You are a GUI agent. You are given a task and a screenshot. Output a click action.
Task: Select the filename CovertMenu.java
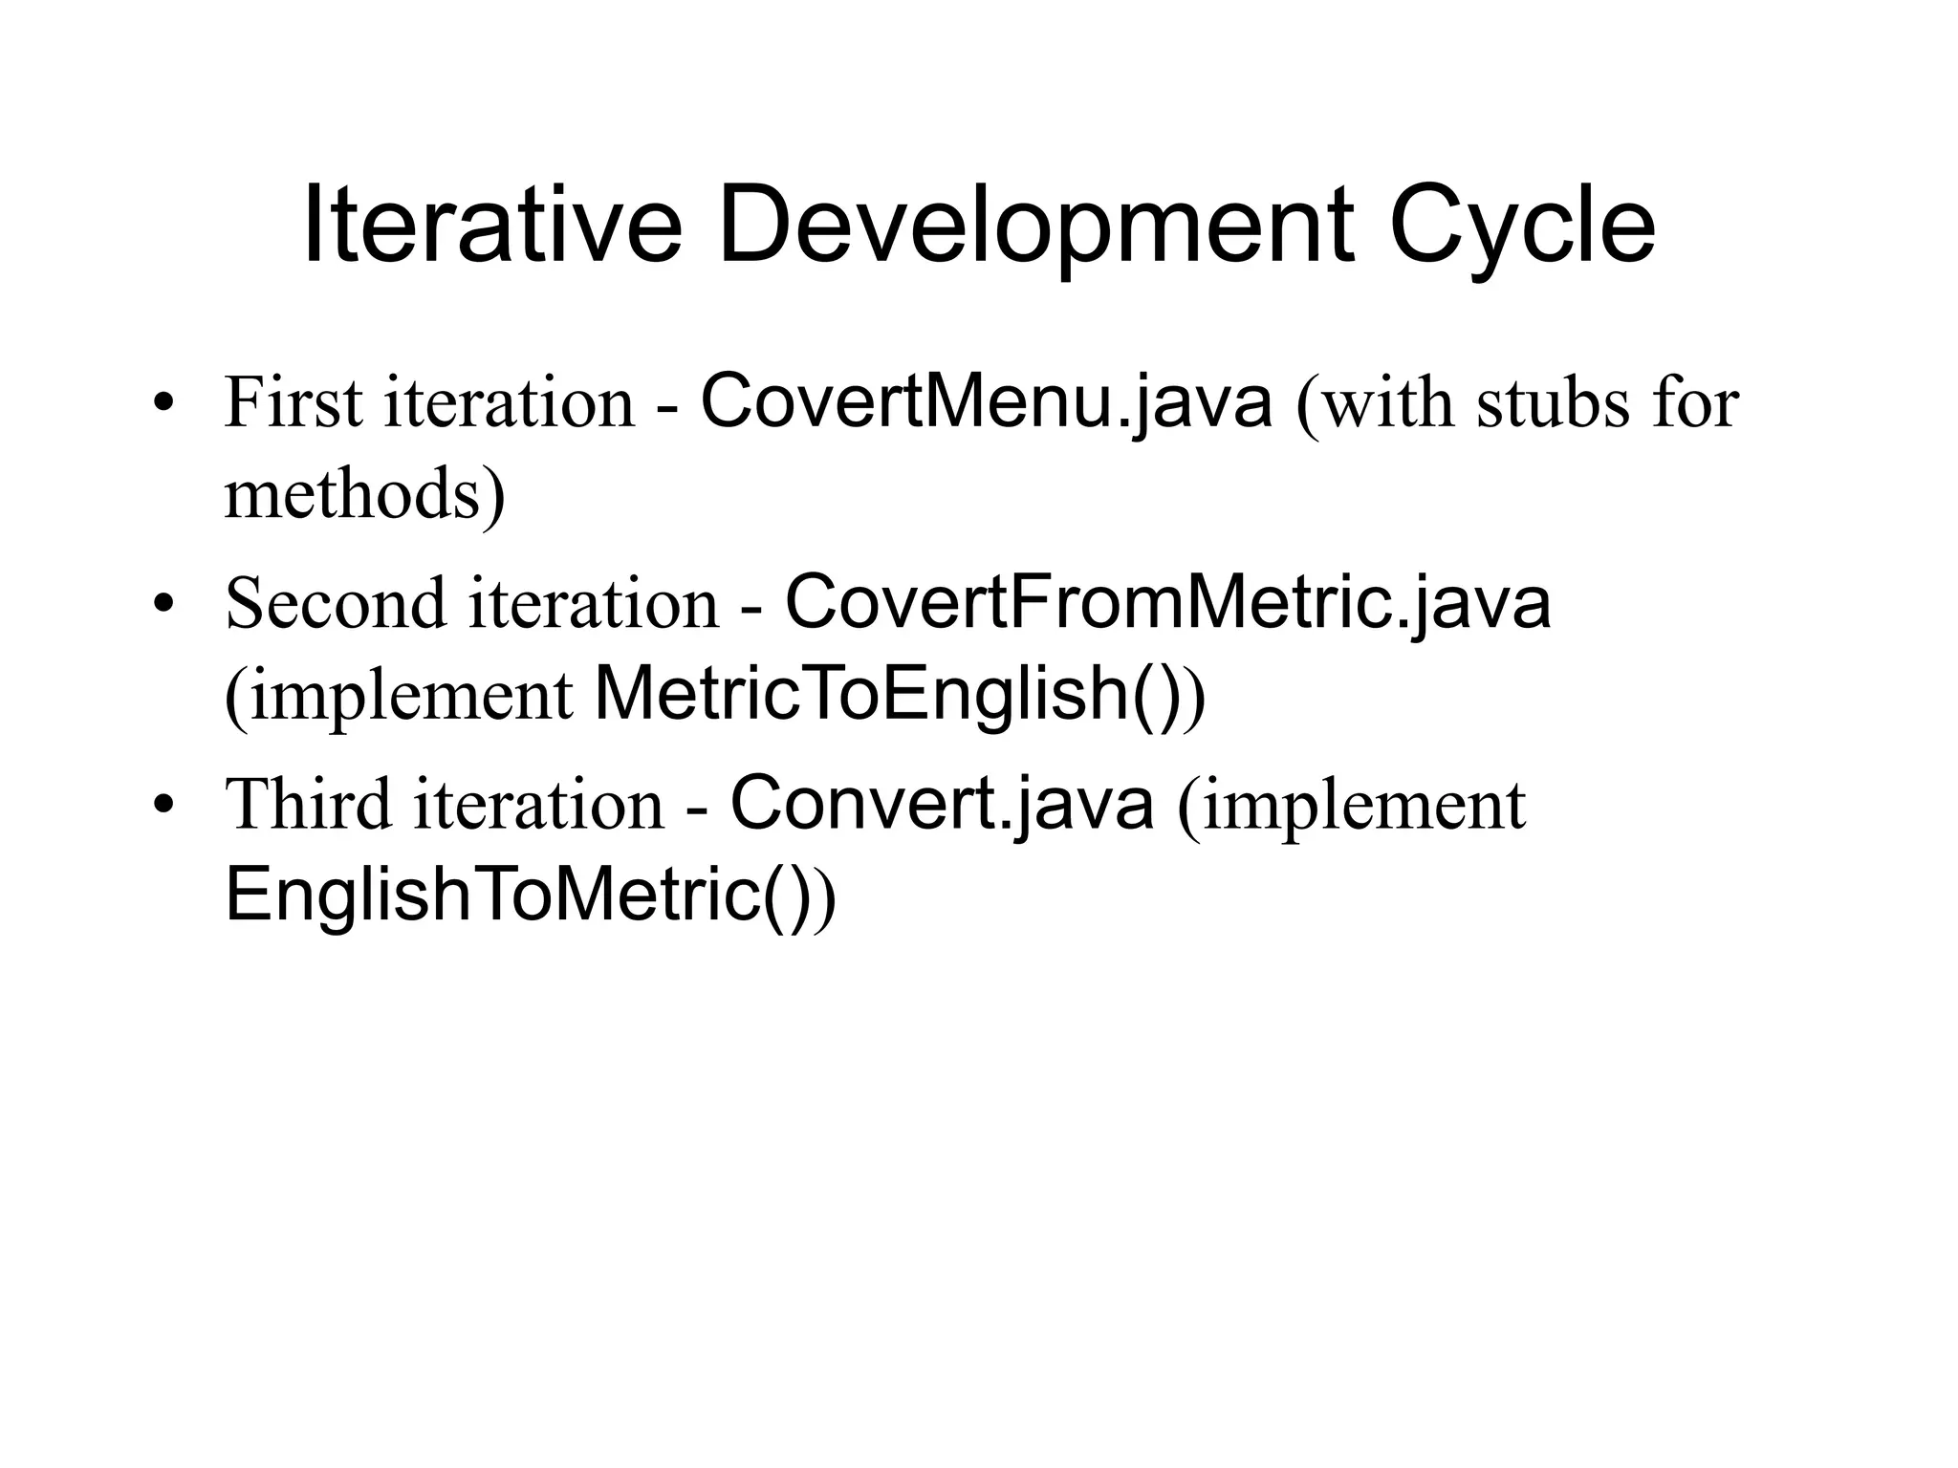[x=987, y=401]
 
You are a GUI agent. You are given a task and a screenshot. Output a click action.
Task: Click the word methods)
[x=364, y=494]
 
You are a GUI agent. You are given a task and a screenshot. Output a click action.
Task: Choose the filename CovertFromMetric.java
[x=1167, y=603]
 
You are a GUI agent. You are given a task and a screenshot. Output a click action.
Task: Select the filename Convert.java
[x=942, y=804]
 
